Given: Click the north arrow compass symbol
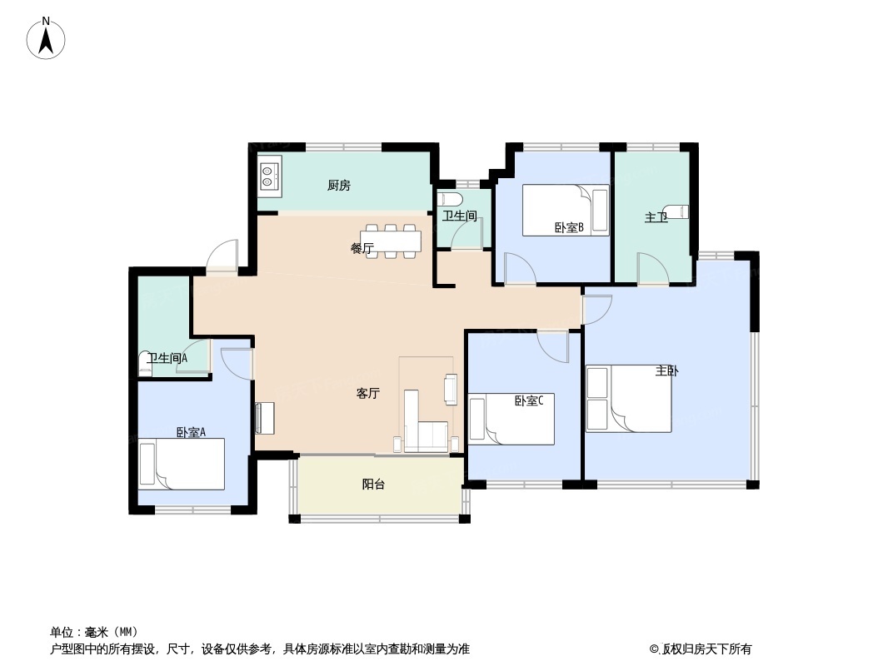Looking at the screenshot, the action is [46, 38].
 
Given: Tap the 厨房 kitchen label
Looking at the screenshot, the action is [339, 185].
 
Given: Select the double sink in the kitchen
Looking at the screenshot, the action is [270, 176].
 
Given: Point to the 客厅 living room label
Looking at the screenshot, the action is [367, 393].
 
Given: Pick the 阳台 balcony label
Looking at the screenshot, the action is [373, 485].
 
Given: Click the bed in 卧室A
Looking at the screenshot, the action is [182, 464].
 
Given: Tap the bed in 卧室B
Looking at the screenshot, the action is [566, 210].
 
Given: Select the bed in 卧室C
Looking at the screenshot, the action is [511, 419].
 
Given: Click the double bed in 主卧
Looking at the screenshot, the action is [629, 399].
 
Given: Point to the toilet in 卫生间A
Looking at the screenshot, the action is [146, 365].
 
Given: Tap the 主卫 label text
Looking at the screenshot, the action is [656, 217].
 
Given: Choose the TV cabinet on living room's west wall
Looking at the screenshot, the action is [264, 418].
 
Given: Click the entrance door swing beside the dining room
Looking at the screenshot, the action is [222, 255].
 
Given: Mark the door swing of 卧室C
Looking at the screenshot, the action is [553, 346].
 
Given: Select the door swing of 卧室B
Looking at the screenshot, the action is [519, 269].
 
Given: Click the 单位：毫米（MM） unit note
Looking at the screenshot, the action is [94, 632].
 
